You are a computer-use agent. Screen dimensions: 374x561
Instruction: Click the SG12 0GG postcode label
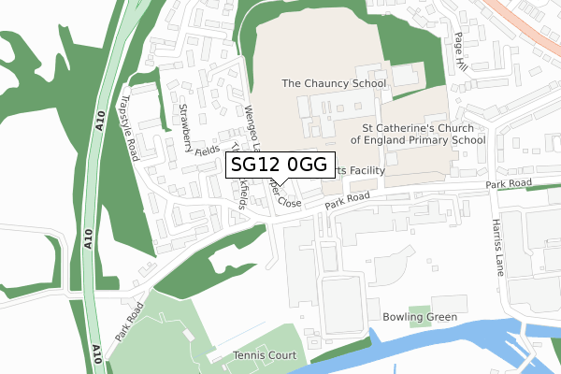279,165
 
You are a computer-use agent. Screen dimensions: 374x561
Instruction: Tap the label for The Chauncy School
335,83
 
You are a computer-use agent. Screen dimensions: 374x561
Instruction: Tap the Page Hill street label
459,43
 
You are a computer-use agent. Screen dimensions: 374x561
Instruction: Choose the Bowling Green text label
420,318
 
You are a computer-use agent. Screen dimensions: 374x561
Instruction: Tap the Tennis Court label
265,355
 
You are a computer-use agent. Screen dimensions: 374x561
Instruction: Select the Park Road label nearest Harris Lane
509,183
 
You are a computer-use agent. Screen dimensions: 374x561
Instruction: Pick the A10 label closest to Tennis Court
97,353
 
